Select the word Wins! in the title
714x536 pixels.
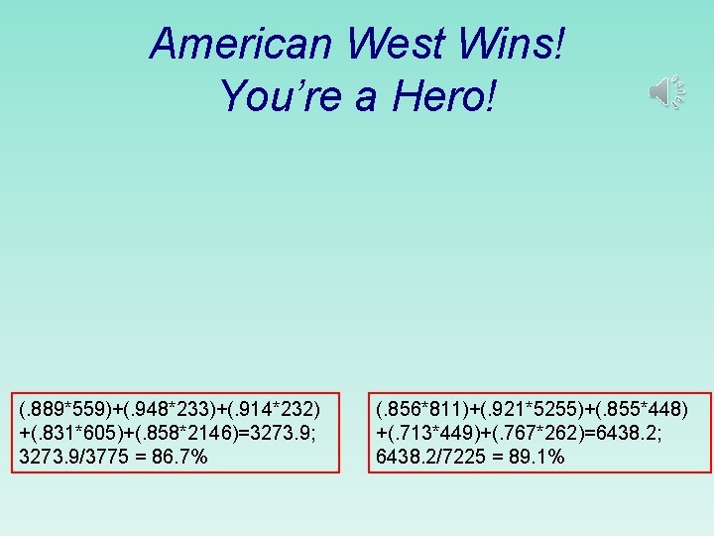[523, 45]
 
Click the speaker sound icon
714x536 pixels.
[666, 92]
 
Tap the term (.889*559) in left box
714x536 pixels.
[65, 409]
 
